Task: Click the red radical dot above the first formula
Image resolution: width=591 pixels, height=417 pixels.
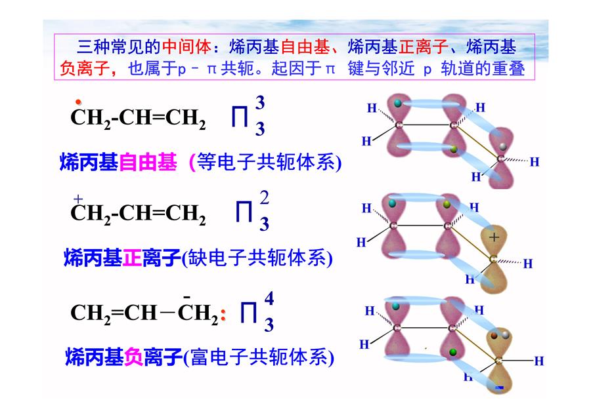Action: [x=78, y=102]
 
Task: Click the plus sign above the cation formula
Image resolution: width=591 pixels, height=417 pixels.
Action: [x=78, y=199]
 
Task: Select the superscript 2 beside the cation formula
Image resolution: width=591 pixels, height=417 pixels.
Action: [x=264, y=197]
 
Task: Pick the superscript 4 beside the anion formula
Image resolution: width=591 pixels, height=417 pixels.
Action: [x=269, y=298]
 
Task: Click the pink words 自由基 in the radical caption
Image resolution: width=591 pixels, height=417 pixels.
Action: [x=148, y=163]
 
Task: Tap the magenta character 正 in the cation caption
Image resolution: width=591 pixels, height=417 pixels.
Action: [x=132, y=258]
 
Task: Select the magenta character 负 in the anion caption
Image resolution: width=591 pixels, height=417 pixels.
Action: [x=133, y=357]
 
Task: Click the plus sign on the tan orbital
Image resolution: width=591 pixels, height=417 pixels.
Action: [x=494, y=237]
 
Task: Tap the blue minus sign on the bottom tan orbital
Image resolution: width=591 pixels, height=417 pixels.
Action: [x=500, y=387]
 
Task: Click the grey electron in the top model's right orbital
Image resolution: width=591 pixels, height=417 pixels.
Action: [x=502, y=146]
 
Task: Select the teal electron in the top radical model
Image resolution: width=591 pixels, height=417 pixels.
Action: [x=398, y=103]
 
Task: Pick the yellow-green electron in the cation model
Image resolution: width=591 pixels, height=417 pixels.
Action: [x=447, y=205]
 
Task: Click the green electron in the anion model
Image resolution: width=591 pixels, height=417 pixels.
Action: [x=453, y=352]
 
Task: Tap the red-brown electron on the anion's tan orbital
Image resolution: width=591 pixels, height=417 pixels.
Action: [x=494, y=335]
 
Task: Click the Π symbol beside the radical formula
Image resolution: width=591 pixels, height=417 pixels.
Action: [x=240, y=116]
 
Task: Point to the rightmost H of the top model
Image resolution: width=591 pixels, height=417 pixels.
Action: [x=535, y=162]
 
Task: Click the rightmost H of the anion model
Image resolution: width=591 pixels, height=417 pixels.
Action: [x=539, y=361]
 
